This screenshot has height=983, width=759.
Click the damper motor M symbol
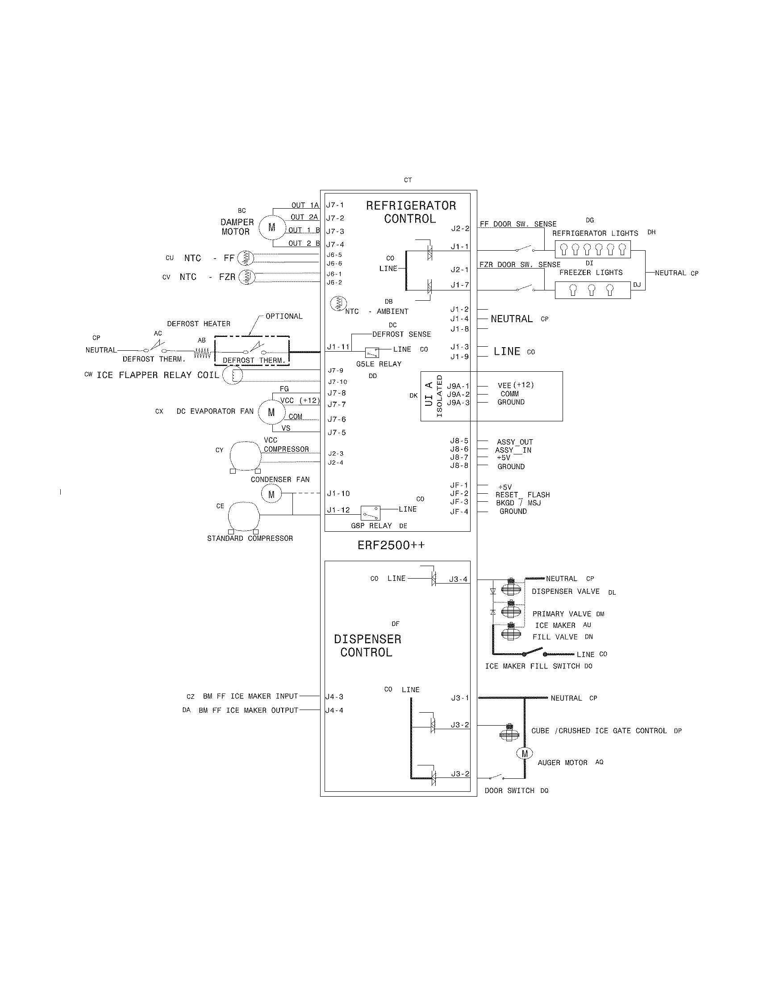pos(272,228)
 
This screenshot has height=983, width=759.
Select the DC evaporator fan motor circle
pos(271,412)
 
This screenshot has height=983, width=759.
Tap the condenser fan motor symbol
pos(271,495)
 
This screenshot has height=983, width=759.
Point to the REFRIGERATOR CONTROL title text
pos(410,212)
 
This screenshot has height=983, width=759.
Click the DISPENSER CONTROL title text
pos(367,646)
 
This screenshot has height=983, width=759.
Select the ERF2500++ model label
pos(391,546)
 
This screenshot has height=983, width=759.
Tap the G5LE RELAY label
pos(379,364)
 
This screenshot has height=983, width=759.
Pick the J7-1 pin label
pos(335,205)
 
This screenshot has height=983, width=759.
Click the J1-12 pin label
pos(338,510)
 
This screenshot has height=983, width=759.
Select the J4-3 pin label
pos(334,697)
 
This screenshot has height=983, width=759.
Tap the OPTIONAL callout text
pos(284,316)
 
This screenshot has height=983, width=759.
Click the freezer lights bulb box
pos(592,290)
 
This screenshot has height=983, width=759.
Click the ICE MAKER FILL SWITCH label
pos(534,666)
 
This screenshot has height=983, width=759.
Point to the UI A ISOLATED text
pos(434,396)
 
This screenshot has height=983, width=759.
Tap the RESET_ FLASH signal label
pos(522,495)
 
